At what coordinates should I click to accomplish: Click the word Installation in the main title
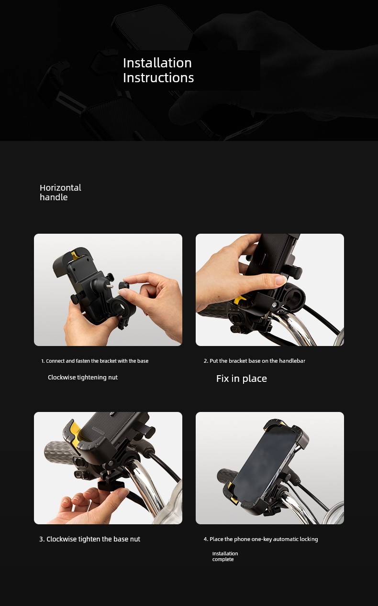pyautogui.click(x=157, y=63)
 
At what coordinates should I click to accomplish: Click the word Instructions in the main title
pyautogui.click(x=158, y=77)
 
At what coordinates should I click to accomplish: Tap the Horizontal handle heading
pyautogui.click(x=60, y=192)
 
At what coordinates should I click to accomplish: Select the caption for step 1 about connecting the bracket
pyautogui.click(x=95, y=361)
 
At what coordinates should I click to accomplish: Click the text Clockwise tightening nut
pyautogui.click(x=83, y=378)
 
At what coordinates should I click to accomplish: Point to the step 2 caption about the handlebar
pyautogui.click(x=254, y=361)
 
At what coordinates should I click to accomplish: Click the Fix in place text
pyautogui.click(x=242, y=379)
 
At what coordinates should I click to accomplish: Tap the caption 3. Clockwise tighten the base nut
pyautogui.click(x=89, y=539)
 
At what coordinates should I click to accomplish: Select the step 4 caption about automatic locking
pyautogui.click(x=261, y=539)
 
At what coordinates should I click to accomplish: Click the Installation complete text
pyautogui.click(x=225, y=556)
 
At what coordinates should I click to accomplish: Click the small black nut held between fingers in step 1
pyautogui.click(x=124, y=286)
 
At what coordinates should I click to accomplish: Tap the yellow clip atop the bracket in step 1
pyautogui.click(x=74, y=255)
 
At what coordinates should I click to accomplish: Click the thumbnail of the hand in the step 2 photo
pyautogui.click(x=280, y=280)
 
